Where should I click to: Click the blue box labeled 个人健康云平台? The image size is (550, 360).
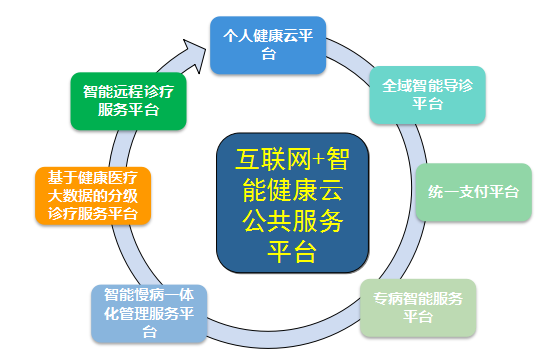pos(268,45)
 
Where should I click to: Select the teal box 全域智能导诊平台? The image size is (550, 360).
pos(428,95)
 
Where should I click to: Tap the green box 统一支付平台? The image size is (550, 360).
pos(474,192)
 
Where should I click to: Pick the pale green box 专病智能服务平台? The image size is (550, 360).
pos(418,308)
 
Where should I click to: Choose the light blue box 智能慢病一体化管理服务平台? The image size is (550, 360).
pos(149,314)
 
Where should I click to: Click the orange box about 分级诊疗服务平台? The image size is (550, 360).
pos(93,196)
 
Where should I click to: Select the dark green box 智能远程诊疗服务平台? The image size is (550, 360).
pos(128,101)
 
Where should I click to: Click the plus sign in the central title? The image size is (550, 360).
pos(318,160)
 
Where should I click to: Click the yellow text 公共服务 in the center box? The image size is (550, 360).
pos(292,221)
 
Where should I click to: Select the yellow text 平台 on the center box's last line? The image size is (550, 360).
pos(292,252)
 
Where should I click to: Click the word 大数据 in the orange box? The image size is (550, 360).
pos(70,196)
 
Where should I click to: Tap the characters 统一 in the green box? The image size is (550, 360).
pos(443,192)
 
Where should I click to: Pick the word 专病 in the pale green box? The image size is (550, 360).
pos(388,299)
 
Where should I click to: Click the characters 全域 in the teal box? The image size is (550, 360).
pos(397,86)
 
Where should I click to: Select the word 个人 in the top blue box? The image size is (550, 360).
pos(238,36)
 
